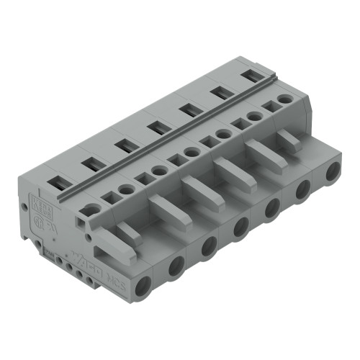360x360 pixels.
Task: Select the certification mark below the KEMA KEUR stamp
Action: (x=44, y=219)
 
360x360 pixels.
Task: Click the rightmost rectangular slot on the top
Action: (x=251, y=75)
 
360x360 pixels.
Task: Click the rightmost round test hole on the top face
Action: (x=286, y=98)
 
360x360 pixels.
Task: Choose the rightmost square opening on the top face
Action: (x=271, y=105)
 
